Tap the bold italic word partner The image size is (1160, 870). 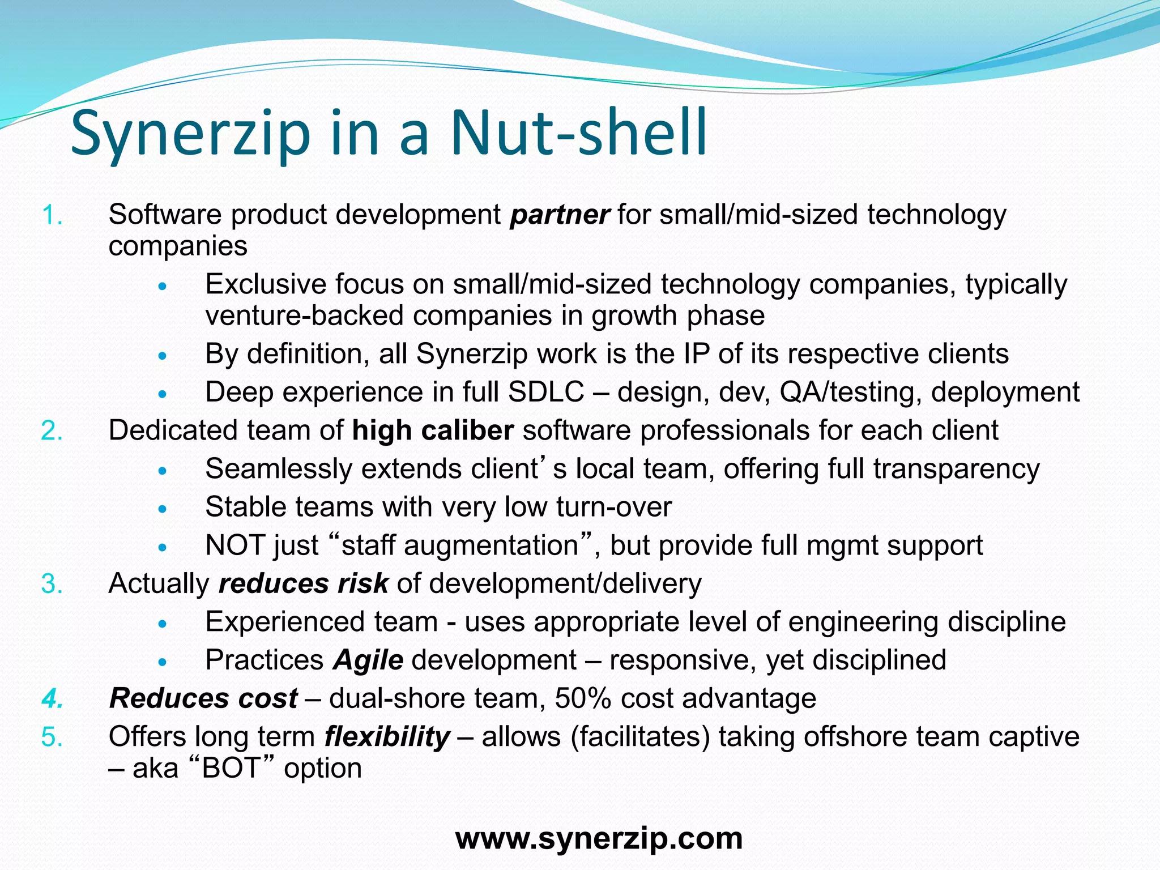560,215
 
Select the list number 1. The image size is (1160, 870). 52,215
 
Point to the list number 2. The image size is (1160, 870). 52,431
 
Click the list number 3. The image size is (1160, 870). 52,584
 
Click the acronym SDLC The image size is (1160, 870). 546,393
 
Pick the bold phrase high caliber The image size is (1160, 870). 433,431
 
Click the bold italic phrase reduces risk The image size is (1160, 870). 304,584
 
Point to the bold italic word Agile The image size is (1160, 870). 368,660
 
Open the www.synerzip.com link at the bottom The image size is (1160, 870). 599,838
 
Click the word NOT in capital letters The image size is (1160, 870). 234,546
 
